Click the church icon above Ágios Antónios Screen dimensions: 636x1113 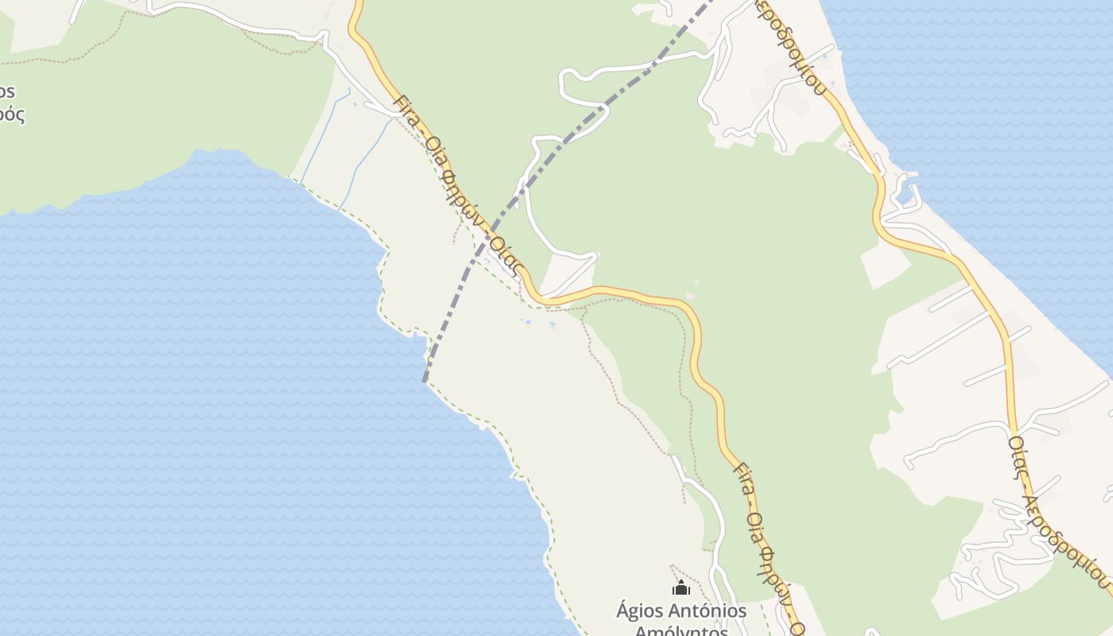[x=681, y=588]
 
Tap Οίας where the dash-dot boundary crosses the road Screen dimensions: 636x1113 [x=506, y=256]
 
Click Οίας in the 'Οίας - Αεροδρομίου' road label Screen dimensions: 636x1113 [x=1018, y=456]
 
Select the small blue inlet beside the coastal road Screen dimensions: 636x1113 [x=904, y=194]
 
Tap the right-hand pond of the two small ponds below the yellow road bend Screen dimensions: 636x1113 [x=551, y=324]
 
